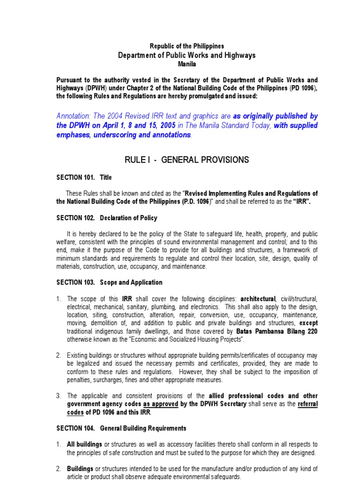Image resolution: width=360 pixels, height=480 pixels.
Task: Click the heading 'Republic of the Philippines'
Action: [x=187, y=46]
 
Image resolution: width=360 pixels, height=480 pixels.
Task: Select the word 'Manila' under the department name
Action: [x=187, y=64]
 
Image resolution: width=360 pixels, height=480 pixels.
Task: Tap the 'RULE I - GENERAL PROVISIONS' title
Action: [x=187, y=160]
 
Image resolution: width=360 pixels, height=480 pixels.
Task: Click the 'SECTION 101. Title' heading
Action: [x=84, y=178]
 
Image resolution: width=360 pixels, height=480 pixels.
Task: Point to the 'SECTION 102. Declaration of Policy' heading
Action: [x=107, y=218]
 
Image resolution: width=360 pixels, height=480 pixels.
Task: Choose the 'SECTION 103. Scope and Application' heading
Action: [x=109, y=282]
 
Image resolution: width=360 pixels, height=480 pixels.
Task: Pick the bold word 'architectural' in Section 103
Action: [x=258, y=299]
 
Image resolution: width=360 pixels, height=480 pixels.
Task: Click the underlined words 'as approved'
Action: [x=160, y=404]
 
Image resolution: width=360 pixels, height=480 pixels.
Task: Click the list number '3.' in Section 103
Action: [x=59, y=396]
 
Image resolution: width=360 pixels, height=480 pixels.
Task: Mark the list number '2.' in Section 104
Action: [x=59, y=469]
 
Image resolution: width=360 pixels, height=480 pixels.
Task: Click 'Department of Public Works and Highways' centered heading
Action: [x=187, y=55]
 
